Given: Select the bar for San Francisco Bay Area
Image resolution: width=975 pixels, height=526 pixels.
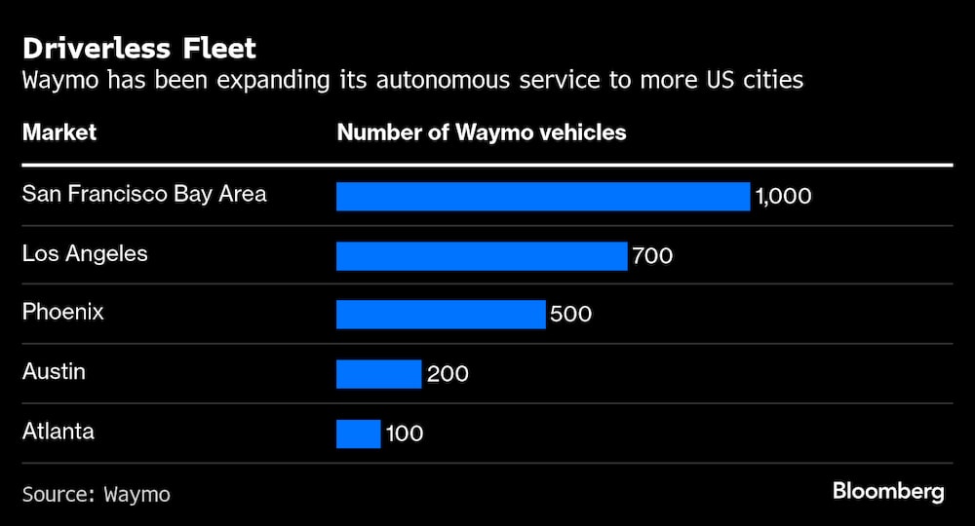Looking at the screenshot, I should point(543,197).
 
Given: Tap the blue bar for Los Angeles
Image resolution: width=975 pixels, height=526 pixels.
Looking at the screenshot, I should point(482,256).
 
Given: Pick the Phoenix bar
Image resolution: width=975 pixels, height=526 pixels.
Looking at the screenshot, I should point(441,315).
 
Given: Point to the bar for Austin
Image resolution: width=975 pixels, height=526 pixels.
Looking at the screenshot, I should point(378,374).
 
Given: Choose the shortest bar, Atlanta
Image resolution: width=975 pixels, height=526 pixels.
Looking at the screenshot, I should point(358,433).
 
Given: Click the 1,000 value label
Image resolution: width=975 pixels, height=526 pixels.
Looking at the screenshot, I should point(783,197).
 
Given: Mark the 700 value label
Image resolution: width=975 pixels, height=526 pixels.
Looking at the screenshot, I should point(652,256).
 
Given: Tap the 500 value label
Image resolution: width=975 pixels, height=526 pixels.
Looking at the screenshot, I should point(571,316).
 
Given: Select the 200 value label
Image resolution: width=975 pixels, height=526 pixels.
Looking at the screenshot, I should point(448,374).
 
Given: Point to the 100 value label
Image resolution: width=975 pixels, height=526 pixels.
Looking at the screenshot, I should point(404,433).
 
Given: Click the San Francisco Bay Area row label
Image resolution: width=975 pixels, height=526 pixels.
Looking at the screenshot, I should point(144,194).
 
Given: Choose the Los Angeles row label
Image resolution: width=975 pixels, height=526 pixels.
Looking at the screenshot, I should point(85,253).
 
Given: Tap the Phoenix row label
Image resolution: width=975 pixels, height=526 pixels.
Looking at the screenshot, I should point(63,313).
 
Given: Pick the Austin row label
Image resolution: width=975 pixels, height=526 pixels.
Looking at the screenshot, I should point(54,371).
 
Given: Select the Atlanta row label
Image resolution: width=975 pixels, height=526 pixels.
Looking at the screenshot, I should point(58,431).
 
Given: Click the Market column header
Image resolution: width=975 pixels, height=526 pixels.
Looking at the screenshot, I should point(59,132).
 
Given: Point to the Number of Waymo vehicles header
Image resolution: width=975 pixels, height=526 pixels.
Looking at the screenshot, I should point(482,132).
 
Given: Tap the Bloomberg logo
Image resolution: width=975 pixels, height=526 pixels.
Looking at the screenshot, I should point(888,492).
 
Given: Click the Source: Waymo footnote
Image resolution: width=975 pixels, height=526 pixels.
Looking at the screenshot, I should point(97,495).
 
